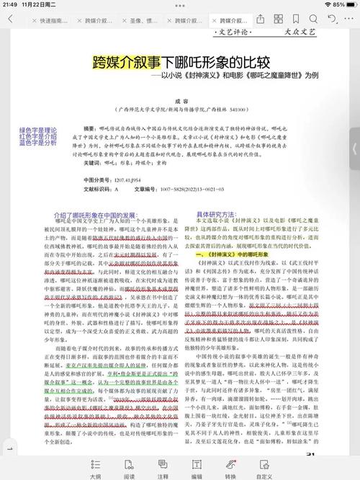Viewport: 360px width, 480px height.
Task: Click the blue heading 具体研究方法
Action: [216, 214]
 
